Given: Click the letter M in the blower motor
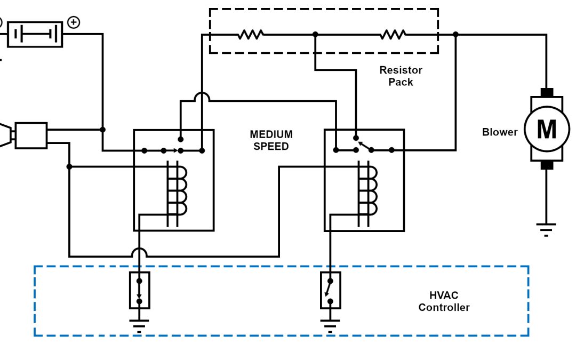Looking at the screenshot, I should pyautogui.click(x=547, y=129).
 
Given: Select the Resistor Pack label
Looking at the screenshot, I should pyautogui.click(x=401, y=76).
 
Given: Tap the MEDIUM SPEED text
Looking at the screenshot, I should pyautogui.click(x=271, y=140).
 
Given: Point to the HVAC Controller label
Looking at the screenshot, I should pyautogui.click(x=444, y=301).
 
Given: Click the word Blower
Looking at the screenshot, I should pyautogui.click(x=500, y=132).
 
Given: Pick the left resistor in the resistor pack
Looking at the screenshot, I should pyautogui.click(x=250, y=35).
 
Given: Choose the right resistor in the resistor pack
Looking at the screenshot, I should pyautogui.click(x=393, y=35).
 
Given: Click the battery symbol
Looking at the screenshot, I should pyautogui.click(x=35, y=34).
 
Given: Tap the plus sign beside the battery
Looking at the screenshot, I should pyautogui.click(x=74, y=22).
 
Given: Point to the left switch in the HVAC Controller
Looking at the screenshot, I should pyautogui.click(x=139, y=291).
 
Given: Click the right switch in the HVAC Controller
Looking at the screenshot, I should pyautogui.click(x=330, y=291).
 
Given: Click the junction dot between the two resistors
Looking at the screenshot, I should pyautogui.click(x=315, y=34).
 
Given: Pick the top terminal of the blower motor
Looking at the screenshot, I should pyautogui.click(x=547, y=92).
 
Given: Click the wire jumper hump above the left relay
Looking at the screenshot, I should pyautogui.click(x=202, y=97).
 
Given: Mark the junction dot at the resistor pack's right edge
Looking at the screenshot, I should pyautogui.click(x=455, y=34).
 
